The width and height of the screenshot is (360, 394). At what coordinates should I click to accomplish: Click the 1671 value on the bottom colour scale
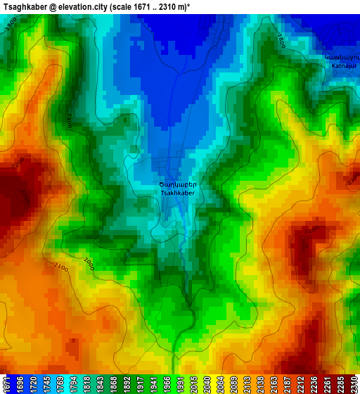pos(7,383)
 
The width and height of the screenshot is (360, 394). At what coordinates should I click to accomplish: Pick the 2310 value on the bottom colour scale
pos(353,383)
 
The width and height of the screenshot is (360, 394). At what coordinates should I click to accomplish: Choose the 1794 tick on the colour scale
pos(76,383)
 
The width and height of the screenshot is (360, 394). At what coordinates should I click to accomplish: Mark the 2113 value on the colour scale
pos(249,383)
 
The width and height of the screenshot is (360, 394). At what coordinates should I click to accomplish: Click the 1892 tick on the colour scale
pos(128,383)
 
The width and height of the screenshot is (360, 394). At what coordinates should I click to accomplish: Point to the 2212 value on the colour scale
pos(301,383)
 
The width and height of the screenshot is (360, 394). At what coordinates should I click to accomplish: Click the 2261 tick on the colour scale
pos(327,383)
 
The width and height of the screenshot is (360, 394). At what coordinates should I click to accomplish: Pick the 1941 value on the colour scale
pos(154,383)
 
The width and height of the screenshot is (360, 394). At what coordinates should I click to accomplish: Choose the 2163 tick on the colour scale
pos(275,383)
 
